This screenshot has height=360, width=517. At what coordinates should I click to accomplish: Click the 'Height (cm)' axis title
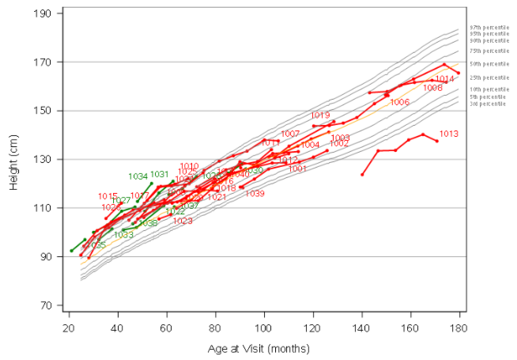pyautogui.click(x=14, y=159)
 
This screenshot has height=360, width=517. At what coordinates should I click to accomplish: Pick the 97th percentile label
pyautogui.click(x=489, y=28)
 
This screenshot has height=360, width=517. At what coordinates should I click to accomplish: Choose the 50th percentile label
pyautogui.click(x=489, y=63)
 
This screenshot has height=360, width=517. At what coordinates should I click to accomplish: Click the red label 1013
pyautogui.click(x=449, y=134)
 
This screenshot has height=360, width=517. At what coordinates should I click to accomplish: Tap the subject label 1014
pyautogui.click(x=444, y=79)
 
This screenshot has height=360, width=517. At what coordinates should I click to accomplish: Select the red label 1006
pyautogui.click(x=399, y=103)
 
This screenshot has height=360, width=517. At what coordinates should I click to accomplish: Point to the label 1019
pyautogui.click(x=320, y=116)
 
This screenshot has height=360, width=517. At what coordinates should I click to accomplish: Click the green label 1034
pyautogui.click(x=138, y=176)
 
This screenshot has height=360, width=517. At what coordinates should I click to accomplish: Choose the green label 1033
pyautogui.click(x=123, y=235)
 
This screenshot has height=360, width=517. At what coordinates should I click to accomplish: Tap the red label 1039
pyautogui.click(x=255, y=194)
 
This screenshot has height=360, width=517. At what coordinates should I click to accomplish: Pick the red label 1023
pyautogui.click(x=183, y=222)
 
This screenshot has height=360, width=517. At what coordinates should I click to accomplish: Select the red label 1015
pyautogui.click(x=108, y=196)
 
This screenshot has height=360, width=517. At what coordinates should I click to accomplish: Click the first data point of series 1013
pyautogui.click(x=362, y=174)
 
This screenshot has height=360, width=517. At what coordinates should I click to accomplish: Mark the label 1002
pyautogui.click(x=339, y=144)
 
